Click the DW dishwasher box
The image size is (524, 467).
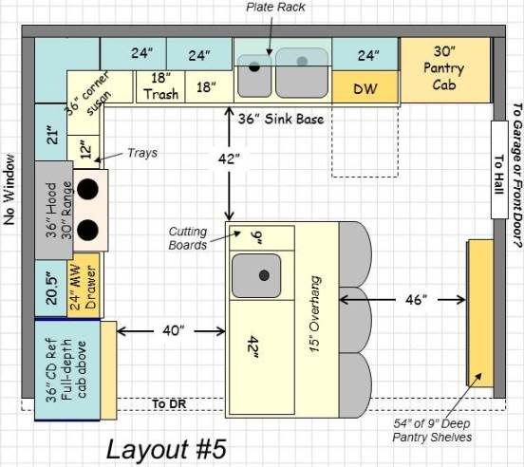(365, 87)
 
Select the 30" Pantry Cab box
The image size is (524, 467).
(445, 70)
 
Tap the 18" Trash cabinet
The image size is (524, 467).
(160, 87)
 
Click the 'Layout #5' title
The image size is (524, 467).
(166, 449)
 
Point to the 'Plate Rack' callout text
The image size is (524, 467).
(275, 7)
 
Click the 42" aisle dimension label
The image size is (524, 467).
(229, 159)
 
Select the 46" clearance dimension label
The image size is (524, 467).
(416, 300)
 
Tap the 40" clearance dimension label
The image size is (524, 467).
(173, 330)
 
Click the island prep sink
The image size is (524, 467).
(256, 275)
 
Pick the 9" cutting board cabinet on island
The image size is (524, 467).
(262, 238)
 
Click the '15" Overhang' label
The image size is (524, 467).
(315, 313)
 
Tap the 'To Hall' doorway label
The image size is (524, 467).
(499, 174)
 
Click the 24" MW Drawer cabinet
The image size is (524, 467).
(84, 286)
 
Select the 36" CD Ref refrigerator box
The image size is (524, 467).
(67, 370)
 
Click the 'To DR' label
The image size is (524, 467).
(169, 403)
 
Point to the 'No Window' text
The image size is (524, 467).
(9, 189)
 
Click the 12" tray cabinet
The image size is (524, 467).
(84, 152)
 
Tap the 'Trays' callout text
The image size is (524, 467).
(142, 153)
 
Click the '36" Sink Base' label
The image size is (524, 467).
(281, 120)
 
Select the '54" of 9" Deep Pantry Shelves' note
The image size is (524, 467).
(432, 430)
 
